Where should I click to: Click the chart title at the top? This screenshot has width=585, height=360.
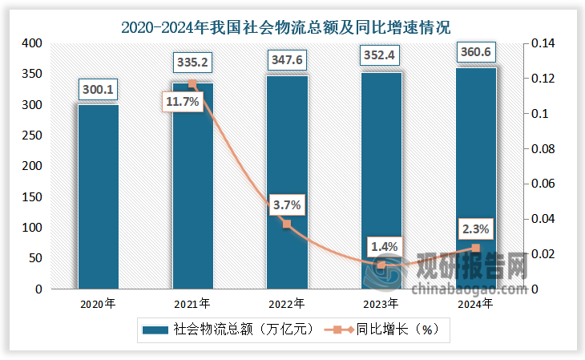(x=292, y=26)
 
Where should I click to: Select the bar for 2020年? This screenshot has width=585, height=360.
(x=98, y=196)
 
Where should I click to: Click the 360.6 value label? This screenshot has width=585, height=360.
(x=476, y=53)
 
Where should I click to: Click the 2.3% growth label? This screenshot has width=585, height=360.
(x=477, y=229)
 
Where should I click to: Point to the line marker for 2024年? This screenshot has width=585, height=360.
(x=476, y=249)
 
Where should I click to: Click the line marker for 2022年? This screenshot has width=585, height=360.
(x=287, y=224)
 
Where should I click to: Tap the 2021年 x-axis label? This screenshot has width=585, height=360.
(x=192, y=304)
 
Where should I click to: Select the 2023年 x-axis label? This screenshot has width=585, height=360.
(x=381, y=304)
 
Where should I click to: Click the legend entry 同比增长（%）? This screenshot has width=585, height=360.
(x=385, y=330)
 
